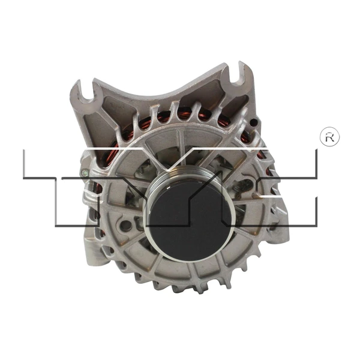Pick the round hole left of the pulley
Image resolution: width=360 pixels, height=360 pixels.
pos(125,226)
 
